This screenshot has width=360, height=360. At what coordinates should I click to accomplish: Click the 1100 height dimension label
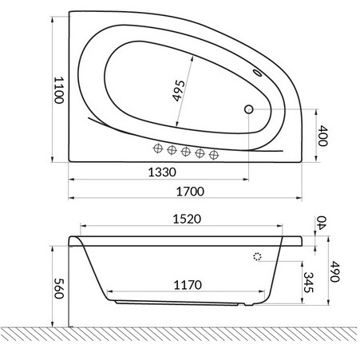coord(58,90)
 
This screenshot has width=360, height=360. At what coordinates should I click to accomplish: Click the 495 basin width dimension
coord(179,91)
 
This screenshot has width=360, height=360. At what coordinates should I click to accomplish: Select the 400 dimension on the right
coord(322,136)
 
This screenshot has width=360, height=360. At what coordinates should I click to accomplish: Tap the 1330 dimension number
coord(162,172)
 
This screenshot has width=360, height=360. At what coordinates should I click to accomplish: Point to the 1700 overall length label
coord(190,192)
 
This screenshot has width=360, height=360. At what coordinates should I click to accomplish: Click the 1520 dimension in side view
coord(187,219)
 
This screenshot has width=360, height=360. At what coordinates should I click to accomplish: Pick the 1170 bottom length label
coord(188,285)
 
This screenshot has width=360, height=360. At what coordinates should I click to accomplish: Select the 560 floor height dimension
coord(58,288)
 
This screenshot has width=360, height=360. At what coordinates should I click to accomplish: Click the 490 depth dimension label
coord(334,271)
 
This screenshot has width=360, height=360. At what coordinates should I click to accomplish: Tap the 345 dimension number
coord(308,283)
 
